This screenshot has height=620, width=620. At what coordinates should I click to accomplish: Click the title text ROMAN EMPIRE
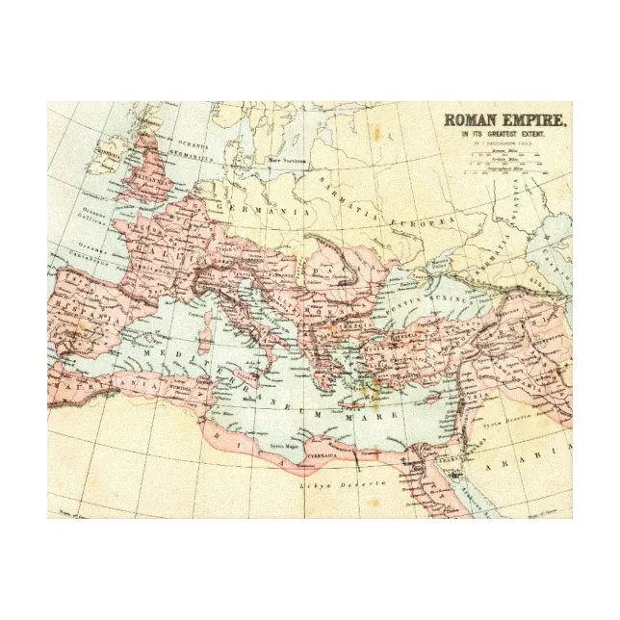[504, 121]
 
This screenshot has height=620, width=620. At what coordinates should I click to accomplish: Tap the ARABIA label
[545, 450]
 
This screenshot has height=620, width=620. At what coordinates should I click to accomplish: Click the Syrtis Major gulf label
[282, 448]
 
